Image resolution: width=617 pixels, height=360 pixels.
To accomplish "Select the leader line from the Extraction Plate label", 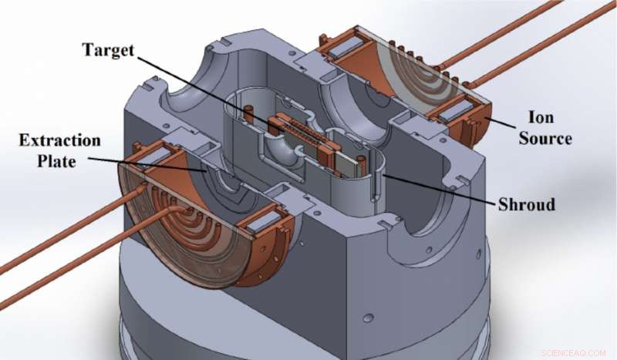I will point(147,161).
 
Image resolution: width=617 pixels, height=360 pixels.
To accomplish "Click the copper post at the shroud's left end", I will point(250,114).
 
